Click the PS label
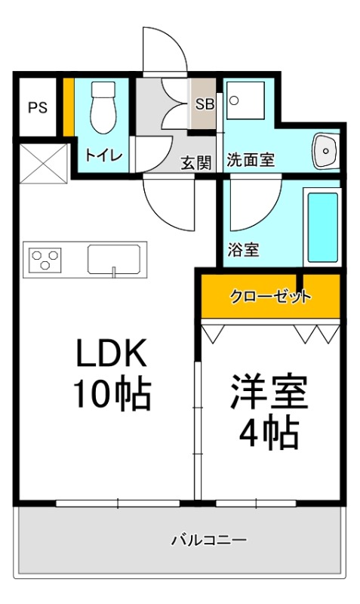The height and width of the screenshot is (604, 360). point(37,107)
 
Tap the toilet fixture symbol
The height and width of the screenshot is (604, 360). point(102,108)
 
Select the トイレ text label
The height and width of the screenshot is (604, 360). point(103,156)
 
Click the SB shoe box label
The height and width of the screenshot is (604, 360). point(205,104)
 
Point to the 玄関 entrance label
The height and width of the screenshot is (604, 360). point(195,161)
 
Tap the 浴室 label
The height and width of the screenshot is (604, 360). point(243,249)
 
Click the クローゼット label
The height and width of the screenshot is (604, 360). point(269,297)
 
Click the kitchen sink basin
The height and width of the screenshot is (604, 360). point(112,259)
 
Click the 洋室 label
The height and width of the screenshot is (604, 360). point(269,393)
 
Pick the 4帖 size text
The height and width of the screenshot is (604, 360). point(269,433)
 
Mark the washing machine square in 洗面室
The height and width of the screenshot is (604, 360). point(245,100)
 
